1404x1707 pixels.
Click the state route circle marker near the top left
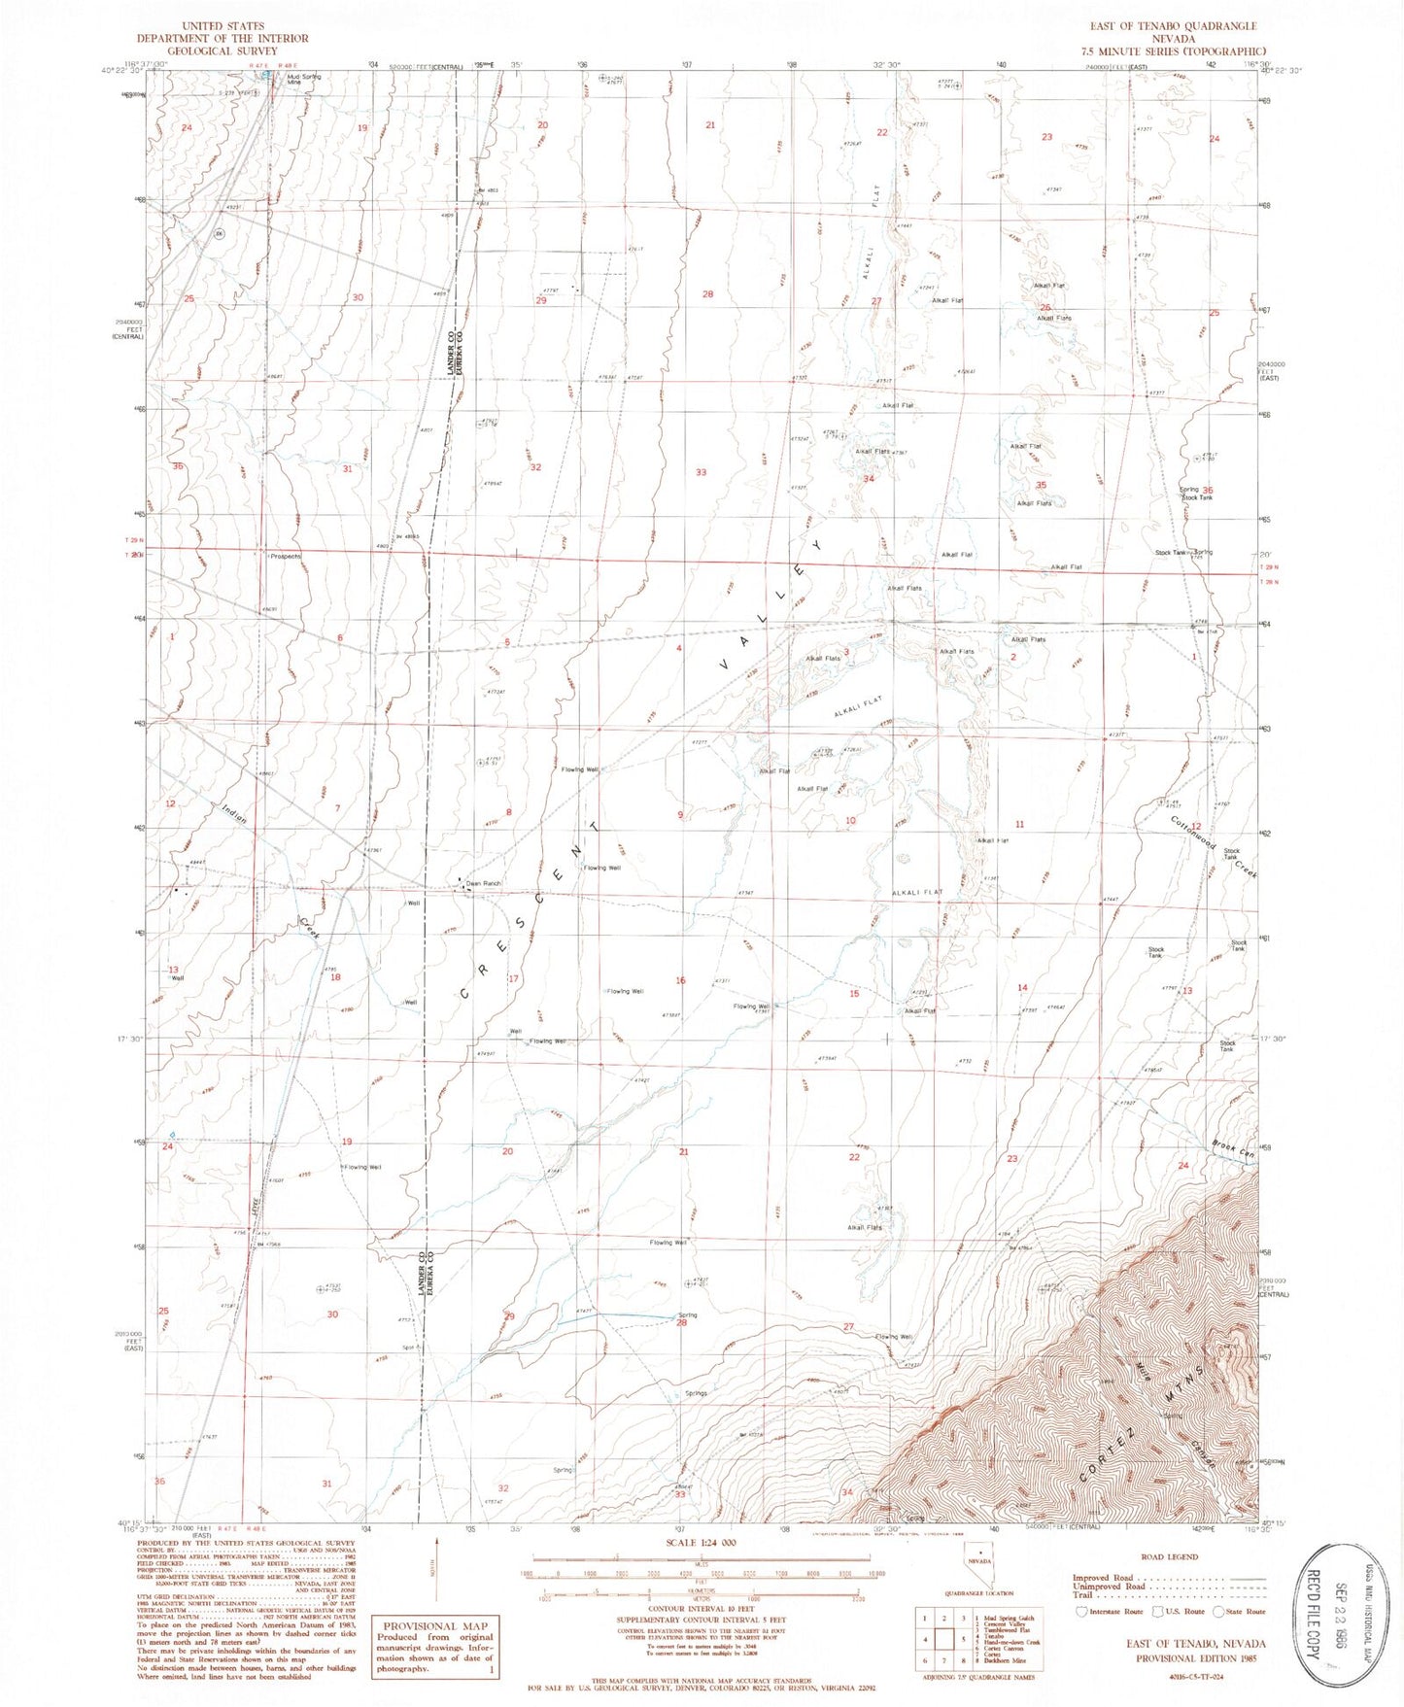pos(220,234)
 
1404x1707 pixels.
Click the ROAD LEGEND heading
pos(1169,1556)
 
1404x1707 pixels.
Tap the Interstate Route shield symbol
pos(1083,1612)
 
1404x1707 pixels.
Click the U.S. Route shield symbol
pos(1156,1612)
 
